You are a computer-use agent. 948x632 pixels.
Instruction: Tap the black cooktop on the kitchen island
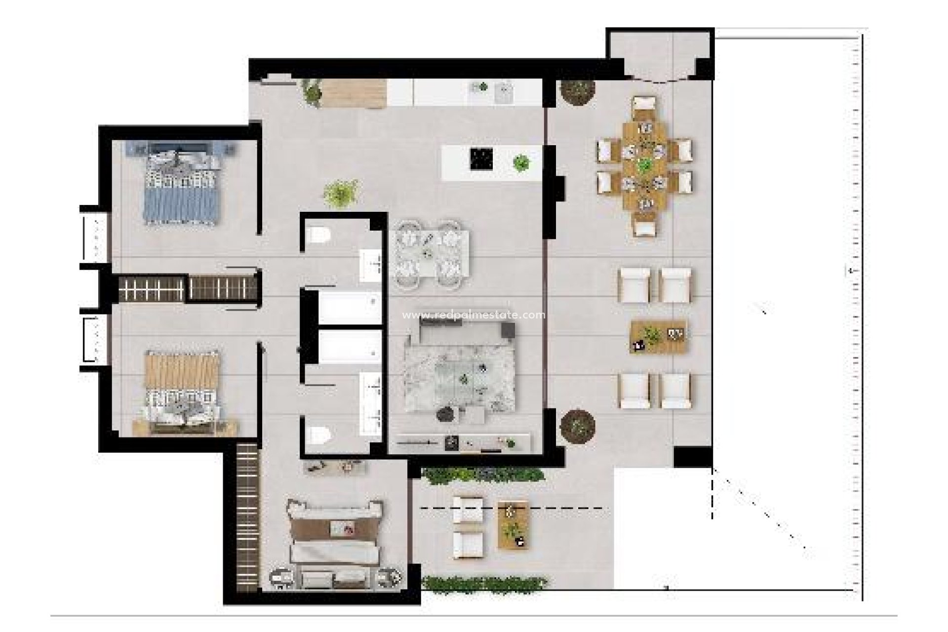481,158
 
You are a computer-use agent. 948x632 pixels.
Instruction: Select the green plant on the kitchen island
521,162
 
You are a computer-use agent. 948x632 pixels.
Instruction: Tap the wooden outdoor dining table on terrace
644,165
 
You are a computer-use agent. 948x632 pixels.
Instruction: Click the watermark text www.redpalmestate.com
474,315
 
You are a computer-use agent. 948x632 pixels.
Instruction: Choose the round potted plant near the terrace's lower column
578,425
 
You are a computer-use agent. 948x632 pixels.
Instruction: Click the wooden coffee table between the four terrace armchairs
659,337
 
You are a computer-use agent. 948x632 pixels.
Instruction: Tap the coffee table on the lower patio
513,524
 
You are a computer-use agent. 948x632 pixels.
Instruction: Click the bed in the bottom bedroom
336,543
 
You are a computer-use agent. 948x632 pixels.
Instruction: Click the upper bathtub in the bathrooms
350,308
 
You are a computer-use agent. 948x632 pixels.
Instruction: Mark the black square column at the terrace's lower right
692,457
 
